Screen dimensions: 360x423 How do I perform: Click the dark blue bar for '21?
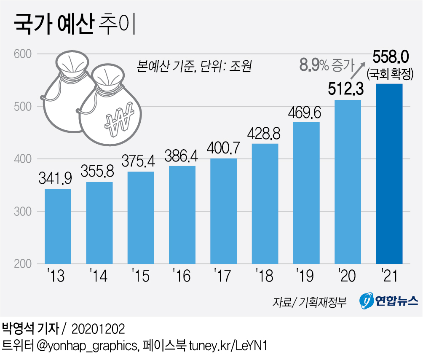point(389,174)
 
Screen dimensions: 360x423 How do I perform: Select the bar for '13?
point(58,226)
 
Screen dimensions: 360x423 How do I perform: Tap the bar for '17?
point(223,211)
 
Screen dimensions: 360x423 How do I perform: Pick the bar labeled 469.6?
point(306,193)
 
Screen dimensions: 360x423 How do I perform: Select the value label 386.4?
point(182,156)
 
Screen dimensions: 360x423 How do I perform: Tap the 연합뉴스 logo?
point(389,300)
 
